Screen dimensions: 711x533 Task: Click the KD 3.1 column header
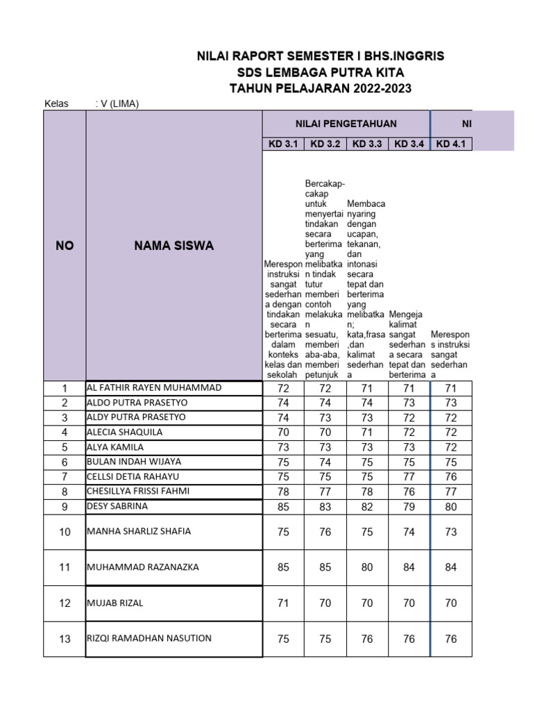click(x=283, y=144)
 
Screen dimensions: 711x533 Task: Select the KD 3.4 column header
click(x=409, y=144)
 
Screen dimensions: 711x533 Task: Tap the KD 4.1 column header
click(x=451, y=144)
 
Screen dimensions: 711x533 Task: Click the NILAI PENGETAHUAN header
click(x=346, y=124)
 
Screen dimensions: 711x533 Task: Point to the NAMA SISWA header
click(x=174, y=246)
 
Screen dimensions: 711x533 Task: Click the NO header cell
click(x=65, y=246)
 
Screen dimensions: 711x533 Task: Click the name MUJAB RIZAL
click(x=115, y=603)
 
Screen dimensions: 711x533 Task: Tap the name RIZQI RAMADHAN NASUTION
click(x=149, y=638)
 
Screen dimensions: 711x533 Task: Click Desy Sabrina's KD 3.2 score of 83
click(x=325, y=507)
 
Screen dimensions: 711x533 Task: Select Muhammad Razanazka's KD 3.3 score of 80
click(x=367, y=567)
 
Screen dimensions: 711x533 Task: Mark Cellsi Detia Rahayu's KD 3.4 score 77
click(x=409, y=477)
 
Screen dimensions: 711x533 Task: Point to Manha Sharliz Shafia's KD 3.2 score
click(x=325, y=532)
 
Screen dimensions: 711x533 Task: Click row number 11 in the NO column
click(x=65, y=567)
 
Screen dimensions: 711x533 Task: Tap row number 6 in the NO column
click(x=65, y=462)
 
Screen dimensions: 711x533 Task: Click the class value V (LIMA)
click(x=117, y=104)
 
